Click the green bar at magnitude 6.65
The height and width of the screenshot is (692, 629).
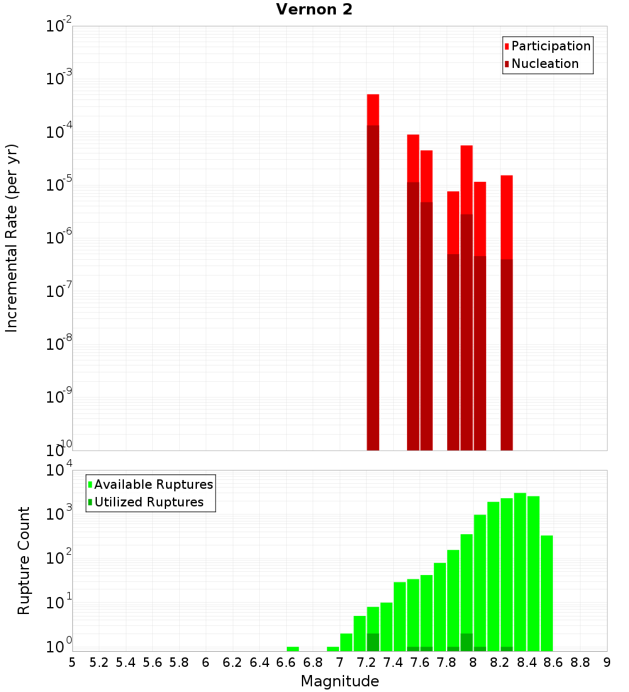292,649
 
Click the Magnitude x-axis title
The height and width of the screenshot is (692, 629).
340,681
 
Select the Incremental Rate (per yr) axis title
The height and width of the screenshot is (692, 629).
11,238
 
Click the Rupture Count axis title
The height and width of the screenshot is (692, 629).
24,561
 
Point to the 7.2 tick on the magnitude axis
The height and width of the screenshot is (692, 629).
366,662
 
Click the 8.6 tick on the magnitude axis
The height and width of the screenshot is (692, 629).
554,662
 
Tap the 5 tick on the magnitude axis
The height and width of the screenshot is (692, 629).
72,662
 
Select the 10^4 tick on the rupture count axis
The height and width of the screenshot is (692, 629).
60,471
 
